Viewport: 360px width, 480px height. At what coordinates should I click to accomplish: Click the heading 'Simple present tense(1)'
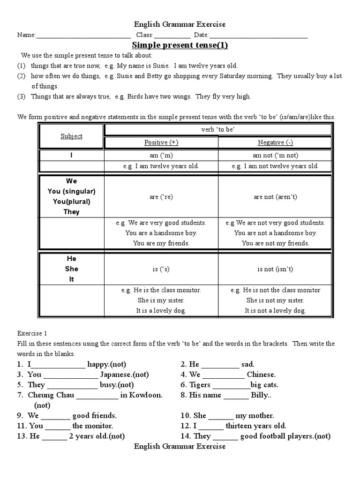180,45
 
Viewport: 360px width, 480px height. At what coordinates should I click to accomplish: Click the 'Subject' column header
71,136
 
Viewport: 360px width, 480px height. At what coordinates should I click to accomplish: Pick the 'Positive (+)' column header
161,142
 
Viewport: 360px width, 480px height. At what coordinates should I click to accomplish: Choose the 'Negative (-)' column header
276,142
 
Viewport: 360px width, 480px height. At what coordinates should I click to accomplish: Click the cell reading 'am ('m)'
161,155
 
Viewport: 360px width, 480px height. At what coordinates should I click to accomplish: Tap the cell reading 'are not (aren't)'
276,197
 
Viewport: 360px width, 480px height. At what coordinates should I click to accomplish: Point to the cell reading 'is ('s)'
161,269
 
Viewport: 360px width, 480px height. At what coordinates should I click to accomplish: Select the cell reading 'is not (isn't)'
276,269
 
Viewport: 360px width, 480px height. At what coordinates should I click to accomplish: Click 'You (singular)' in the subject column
71,191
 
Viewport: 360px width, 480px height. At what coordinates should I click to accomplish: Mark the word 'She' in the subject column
72,269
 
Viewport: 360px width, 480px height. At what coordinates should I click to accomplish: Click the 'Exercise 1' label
32,334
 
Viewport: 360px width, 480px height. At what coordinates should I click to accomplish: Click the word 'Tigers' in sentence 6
200,385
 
